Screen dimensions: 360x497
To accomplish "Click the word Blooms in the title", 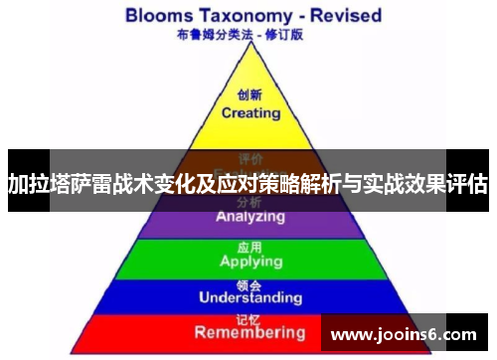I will pyautogui.click(x=163, y=15).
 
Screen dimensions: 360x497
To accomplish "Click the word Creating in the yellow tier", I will pyautogui.click(x=249, y=112).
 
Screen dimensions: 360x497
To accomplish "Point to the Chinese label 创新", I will pyautogui.click(x=249, y=96).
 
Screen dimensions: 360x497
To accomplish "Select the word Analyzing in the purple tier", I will pyautogui.click(x=249, y=216).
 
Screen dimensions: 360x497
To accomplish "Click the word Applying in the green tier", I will pyautogui.click(x=249, y=262).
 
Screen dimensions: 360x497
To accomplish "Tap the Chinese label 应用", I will pyautogui.click(x=249, y=247).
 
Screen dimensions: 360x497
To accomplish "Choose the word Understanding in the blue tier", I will pyautogui.click(x=249, y=296).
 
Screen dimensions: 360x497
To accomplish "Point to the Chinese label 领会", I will pyautogui.click(x=249, y=282).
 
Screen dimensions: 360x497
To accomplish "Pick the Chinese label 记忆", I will pyautogui.click(x=249, y=317).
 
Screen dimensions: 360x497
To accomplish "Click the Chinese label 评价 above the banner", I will pyautogui.click(x=249, y=158).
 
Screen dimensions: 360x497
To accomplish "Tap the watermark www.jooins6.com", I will pyautogui.click(x=402, y=334).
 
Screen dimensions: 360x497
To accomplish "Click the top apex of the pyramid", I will pyautogui.click(x=248, y=49).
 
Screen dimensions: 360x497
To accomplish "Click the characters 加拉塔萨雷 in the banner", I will pyautogui.click(x=57, y=183).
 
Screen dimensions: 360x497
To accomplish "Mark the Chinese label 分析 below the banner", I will pyautogui.click(x=249, y=202).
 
